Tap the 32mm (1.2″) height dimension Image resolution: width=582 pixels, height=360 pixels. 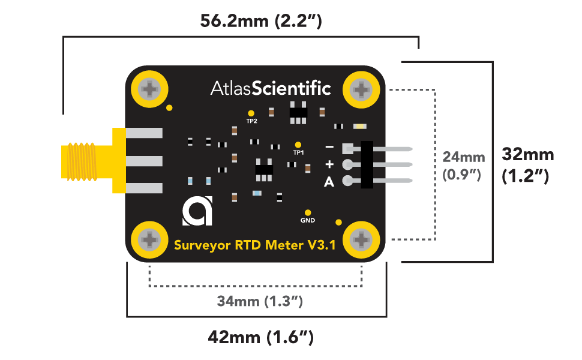tap(527, 165)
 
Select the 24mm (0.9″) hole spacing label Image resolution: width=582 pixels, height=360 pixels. tap(463, 166)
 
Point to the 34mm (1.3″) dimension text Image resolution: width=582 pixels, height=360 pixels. tap(260, 301)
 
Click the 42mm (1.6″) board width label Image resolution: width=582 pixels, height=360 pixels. tap(260, 337)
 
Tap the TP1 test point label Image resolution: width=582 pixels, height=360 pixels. tap(298, 152)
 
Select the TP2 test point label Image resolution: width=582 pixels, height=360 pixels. tap(251, 121)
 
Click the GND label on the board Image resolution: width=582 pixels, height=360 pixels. tap(307, 220)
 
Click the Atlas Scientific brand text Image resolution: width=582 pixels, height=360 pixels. tap(270, 88)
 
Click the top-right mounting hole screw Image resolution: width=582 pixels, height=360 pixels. tap(362, 90)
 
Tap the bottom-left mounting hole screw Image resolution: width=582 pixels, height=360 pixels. tap(148, 240)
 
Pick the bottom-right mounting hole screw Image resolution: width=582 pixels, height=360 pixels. tap(362, 240)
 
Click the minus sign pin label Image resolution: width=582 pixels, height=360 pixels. tap(329, 147)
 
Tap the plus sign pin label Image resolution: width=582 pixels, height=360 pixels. tap(329, 164)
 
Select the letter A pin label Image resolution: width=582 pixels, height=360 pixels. tap(329, 182)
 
